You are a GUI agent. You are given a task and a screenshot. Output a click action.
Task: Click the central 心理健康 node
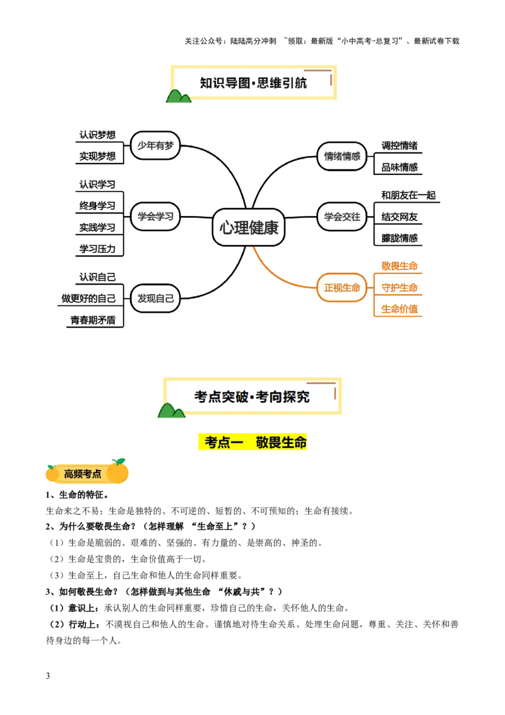click(x=249, y=227)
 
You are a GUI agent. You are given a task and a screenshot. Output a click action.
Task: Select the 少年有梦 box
click(x=155, y=145)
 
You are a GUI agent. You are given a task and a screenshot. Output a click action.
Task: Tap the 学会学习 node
click(x=155, y=216)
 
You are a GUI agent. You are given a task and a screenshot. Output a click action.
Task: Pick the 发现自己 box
click(x=155, y=298)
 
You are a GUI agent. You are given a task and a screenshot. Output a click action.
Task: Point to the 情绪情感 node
click(x=342, y=156)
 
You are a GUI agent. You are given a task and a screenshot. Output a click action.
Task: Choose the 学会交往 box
click(x=342, y=217)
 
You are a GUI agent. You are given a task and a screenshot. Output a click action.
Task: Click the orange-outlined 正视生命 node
click(x=342, y=287)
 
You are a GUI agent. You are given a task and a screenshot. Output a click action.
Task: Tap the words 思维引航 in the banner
click(x=283, y=83)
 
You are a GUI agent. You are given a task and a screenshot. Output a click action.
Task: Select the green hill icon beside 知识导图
click(x=178, y=95)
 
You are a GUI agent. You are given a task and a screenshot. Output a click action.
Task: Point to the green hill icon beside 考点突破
click(x=170, y=411)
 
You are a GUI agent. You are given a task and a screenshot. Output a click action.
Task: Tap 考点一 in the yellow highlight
click(x=220, y=443)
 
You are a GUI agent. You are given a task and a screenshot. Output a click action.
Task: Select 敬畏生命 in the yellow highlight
click(x=282, y=443)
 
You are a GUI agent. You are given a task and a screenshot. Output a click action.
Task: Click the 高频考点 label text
click(x=83, y=474)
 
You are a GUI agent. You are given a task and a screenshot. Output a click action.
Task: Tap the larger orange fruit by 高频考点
click(x=118, y=471)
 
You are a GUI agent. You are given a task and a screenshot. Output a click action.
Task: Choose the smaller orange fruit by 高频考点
click(x=52, y=472)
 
